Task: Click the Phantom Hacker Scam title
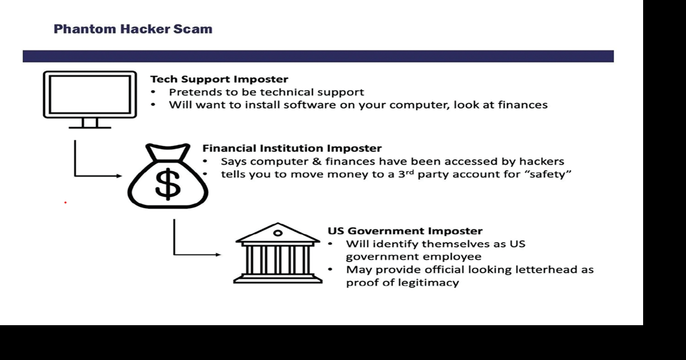tap(133, 29)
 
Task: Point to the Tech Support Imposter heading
tap(219, 79)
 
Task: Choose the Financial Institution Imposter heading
tap(292, 148)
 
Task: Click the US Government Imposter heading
tap(405, 231)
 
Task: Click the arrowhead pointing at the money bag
tap(119, 176)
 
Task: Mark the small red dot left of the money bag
tap(65, 202)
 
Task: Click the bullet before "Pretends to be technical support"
tap(153, 92)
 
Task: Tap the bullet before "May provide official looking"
tap(331, 269)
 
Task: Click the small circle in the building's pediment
tap(278, 232)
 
